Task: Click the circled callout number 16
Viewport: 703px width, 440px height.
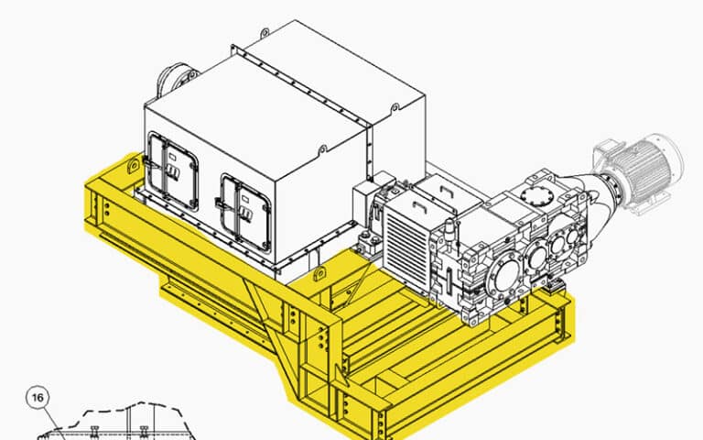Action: coord(36,398)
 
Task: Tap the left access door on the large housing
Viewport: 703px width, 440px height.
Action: coord(172,171)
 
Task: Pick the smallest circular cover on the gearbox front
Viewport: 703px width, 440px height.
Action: coord(572,236)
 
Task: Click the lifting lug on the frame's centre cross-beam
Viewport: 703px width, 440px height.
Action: coord(320,274)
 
